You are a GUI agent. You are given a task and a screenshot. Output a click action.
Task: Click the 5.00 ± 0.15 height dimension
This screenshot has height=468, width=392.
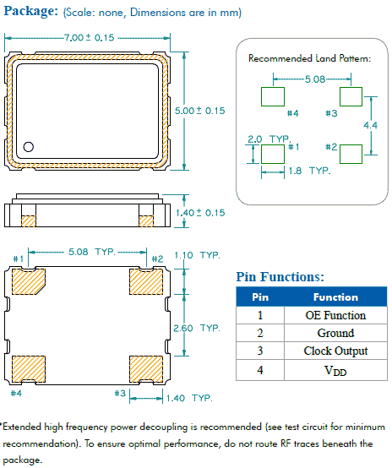(199, 111)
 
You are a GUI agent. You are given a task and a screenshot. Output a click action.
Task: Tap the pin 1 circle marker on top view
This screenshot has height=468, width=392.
(29, 146)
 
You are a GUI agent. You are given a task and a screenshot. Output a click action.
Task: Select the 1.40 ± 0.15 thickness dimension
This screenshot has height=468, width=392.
(200, 213)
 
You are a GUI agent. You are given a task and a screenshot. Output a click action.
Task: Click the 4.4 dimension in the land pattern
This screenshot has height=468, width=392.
(370, 124)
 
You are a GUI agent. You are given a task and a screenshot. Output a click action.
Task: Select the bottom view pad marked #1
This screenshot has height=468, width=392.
(29, 281)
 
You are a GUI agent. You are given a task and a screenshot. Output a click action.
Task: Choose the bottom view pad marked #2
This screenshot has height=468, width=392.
(144, 281)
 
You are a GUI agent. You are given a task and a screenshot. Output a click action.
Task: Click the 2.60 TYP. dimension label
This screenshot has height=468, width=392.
(196, 328)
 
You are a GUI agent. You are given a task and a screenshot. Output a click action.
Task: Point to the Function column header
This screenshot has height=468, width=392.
(335, 297)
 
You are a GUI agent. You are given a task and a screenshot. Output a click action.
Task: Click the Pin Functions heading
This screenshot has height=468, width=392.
(279, 276)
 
